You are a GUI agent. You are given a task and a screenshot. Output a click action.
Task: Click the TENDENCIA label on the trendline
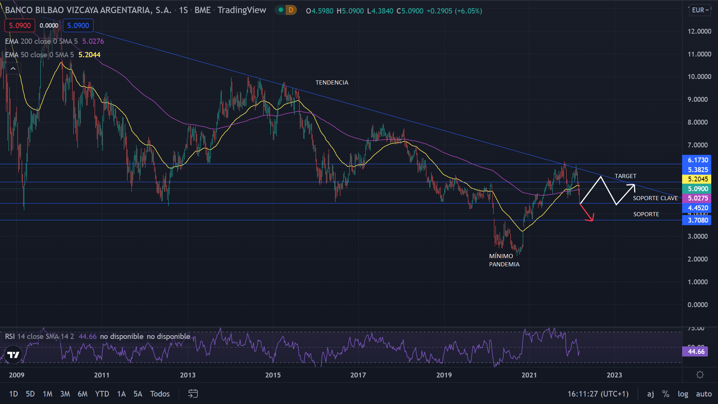(x=332, y=82)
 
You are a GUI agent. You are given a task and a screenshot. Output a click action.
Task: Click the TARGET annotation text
(x=625, y=176)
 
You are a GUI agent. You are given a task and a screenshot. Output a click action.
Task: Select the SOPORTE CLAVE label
(x=655, y=198)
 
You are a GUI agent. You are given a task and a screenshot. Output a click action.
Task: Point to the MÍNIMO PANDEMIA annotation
(x=504, y=260)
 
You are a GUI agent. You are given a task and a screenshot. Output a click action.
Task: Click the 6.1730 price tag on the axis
(x=697, y=160)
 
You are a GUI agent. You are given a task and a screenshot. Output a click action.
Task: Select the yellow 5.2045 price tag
(x=697, y=179)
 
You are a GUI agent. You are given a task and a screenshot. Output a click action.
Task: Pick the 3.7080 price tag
(x=697, y=220)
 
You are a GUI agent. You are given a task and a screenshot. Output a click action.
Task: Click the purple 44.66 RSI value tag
(x=696, y=352)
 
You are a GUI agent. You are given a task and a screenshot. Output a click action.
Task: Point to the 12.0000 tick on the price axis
(x=699, y=31)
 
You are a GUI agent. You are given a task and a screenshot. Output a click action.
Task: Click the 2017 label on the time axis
(x=358, y=375)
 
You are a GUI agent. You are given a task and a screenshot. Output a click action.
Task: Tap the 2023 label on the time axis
(x=614, y=375)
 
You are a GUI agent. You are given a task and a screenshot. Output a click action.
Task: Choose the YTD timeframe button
(x=102, y=394)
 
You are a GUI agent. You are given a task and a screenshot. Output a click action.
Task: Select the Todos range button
(x=160, y=394)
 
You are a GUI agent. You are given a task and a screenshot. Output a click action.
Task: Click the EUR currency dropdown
(x=700, y=10)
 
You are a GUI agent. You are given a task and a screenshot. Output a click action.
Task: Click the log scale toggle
(x=682, y=394)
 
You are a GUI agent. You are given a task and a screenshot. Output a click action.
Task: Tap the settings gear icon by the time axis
(x=700, y=375)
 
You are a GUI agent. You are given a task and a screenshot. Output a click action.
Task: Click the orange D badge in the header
(x=291, y=10)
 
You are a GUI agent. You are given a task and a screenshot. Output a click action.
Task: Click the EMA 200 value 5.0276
(x=93, y=41)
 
